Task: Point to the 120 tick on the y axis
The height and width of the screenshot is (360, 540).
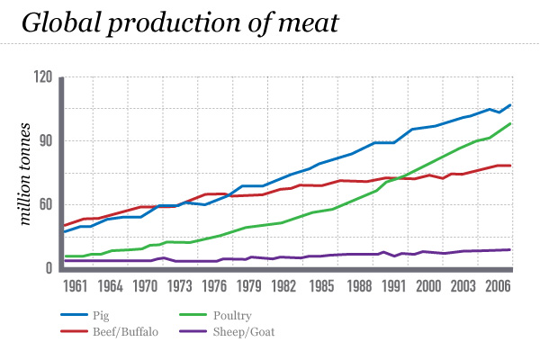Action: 42,77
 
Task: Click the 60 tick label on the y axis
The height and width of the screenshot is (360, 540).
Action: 45,205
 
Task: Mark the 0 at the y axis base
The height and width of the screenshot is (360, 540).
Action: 49,268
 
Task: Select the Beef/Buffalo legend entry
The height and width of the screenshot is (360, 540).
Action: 125,331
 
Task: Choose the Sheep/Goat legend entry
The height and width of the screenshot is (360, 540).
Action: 244,331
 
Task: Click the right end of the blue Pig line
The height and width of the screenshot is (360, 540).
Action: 510,105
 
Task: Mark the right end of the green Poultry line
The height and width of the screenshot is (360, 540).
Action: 510,123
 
